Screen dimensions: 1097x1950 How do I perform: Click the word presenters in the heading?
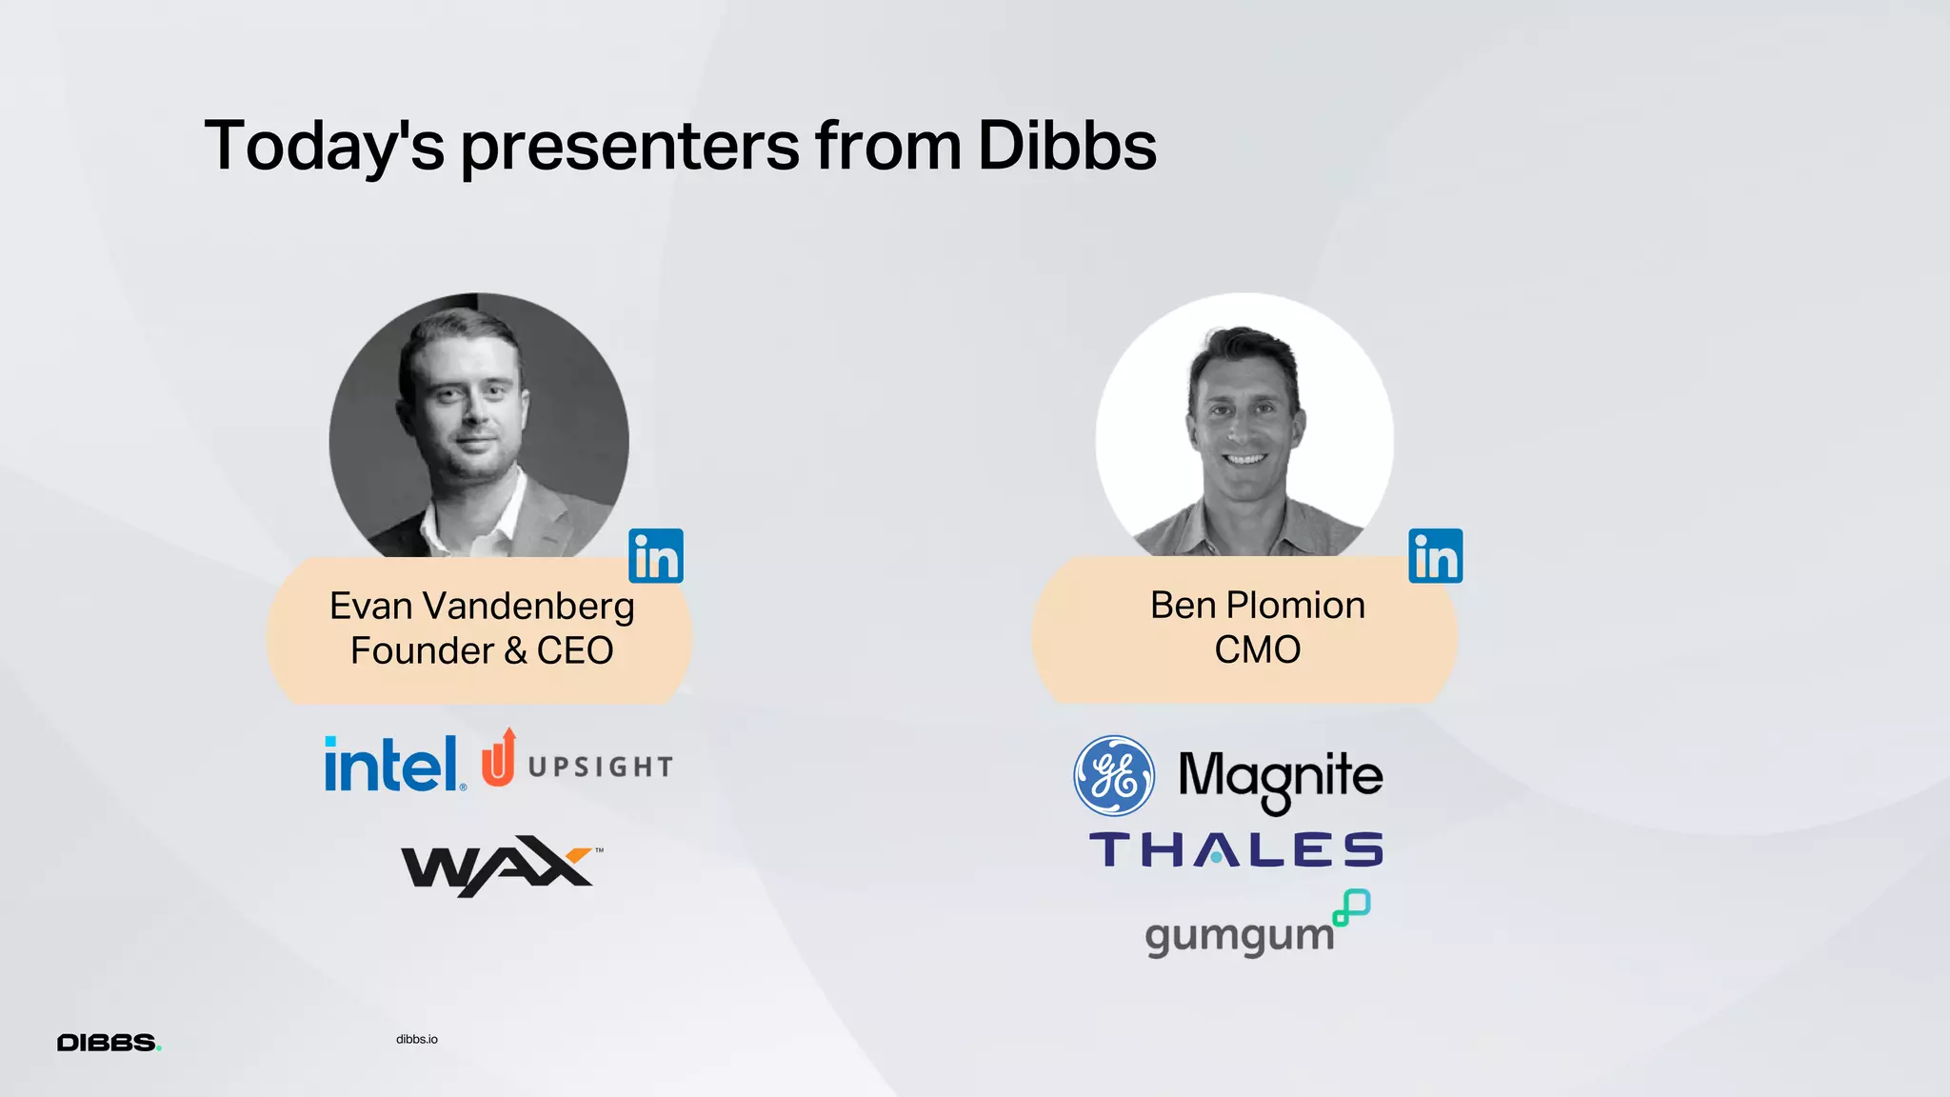coord(629,148)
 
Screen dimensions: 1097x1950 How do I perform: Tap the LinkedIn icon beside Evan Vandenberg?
coord(656,556)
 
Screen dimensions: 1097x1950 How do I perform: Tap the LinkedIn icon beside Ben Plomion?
coord(1435,556)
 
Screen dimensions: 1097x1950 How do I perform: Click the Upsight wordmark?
coord(600,767)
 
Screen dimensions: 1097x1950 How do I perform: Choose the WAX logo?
coord(500,866)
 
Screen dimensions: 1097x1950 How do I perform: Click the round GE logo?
coord(1114,775)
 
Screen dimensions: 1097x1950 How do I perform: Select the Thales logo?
coord(1236,849)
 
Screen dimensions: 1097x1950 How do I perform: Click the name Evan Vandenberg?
coord(482,607)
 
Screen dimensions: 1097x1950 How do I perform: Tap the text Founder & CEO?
coord(482,651)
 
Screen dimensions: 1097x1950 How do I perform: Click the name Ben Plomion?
coord(1257,606)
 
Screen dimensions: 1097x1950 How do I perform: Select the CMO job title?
coord(1257,650)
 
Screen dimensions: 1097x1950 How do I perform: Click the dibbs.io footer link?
coord(417,1039)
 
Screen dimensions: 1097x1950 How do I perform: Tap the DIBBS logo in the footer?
coord(109,1043)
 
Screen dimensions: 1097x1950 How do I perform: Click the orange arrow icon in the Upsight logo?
coord(499,758)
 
